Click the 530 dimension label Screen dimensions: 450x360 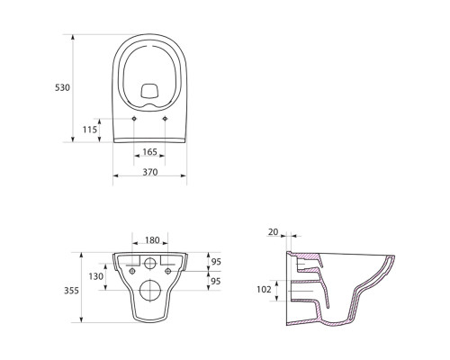pos(62,87)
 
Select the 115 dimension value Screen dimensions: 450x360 pos(90,130)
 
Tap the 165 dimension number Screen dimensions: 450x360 pos(149,152)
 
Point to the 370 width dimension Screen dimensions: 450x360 pos(149,172)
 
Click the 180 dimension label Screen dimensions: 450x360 pos(152,240)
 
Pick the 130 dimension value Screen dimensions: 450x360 pos(96,276)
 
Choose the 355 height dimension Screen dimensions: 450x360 pos(71,291)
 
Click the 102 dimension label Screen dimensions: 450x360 pos(264,290)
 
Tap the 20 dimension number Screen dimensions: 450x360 pos(274,232)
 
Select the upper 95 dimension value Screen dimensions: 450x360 pos(216,262)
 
